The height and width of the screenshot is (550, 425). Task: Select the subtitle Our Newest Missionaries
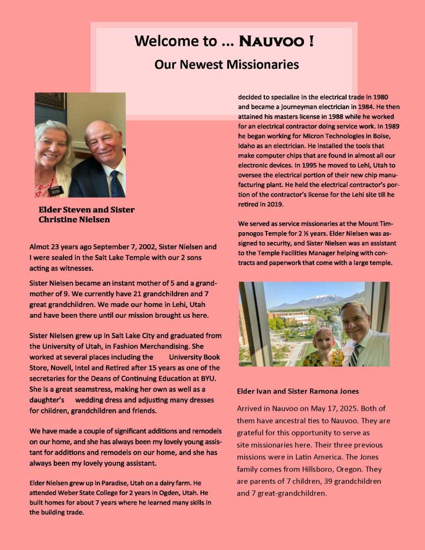point(226,65)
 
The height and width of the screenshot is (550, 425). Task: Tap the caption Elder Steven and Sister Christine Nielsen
point(86,215)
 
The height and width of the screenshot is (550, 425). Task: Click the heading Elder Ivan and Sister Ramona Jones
point(298,391)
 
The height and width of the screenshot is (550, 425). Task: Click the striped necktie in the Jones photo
point(356,354)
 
